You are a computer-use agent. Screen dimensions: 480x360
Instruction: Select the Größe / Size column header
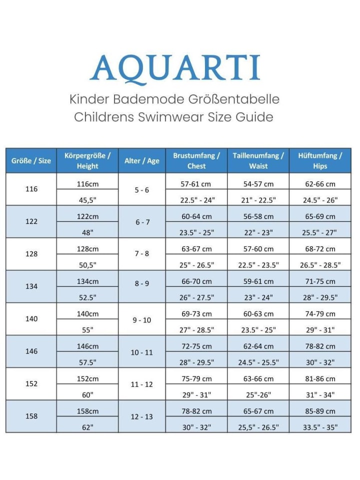coord(31,161)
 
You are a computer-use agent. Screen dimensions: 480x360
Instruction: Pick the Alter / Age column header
coord(142,161)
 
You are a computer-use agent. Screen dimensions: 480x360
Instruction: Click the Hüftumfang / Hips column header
coord(320,161)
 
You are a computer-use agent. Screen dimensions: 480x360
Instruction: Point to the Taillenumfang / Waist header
coord(258,161)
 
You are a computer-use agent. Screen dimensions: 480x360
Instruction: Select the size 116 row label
coord(31,189)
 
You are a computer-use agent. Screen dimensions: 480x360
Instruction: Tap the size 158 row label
coord(31,416)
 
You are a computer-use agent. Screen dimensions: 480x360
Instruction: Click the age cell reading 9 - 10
coord(142,319)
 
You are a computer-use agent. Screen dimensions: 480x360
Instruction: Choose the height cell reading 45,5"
coord(88,200)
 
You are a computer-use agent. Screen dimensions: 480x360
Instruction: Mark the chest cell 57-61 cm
coord(196,184)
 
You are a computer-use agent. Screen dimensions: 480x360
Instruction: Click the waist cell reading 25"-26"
coord(258,394)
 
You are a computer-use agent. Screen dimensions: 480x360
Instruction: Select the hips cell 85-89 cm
coord(320,411)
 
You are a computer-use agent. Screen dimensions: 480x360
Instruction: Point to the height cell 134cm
coord(88,281)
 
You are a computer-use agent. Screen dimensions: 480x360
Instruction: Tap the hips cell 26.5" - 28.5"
coord(320,265)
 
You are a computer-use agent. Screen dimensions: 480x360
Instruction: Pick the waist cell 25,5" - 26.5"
coord(258,427)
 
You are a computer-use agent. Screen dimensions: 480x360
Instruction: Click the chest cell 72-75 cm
coord(196,346)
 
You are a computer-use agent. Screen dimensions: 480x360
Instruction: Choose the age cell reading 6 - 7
coord(142,222)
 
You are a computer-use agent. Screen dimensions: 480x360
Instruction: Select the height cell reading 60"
coord(88,394)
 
